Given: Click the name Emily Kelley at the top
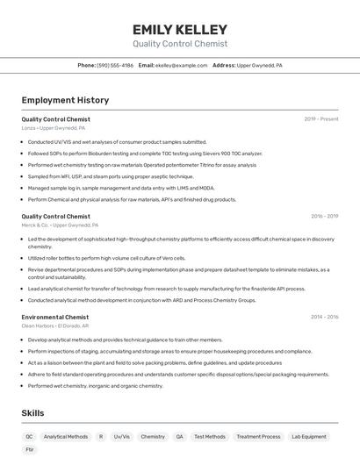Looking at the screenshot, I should pyautogui.click(x=180, y=30).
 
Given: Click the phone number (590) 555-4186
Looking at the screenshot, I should pyautogui.click(x=115, y=65).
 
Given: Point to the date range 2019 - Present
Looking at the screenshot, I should pyautogui.click(x=321, y=118).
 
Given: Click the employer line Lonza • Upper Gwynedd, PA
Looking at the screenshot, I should pyautogui.click(x=54, y=127).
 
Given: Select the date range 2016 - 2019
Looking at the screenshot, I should pyautogui.click(x=324, y=216).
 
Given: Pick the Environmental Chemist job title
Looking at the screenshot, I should pyautogui.click(x=55, y=317).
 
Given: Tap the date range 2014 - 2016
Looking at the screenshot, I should pyautogui.click(x=324, y=317).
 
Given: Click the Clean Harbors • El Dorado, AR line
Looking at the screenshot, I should pyautogui.click(x=57, y=325).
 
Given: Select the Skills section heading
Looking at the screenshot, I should pyautogui.click(x=33, y=412).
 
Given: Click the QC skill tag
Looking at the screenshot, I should pyautogui.click(x=29, y=436).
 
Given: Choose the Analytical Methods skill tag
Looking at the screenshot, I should pyautogui.click(x=66, y=436).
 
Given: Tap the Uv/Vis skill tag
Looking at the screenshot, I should pyautogui.click(x=121, y=436).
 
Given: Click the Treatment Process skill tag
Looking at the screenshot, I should pyautogui.click(x=258, y=436).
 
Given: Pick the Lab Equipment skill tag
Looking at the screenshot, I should pyautogui.click(x=309, y=436).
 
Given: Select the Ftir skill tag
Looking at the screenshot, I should pyautogui.click(x=30, y=449).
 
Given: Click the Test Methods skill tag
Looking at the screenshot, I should pyautogui.click(x=209, y=436).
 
